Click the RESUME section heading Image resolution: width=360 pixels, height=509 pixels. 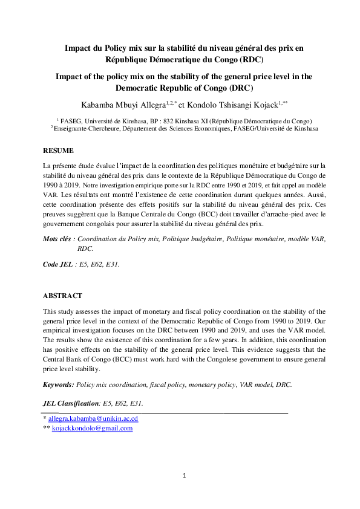59,149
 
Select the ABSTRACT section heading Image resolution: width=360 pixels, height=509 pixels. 62,296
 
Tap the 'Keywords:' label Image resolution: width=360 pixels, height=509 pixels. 59,384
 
